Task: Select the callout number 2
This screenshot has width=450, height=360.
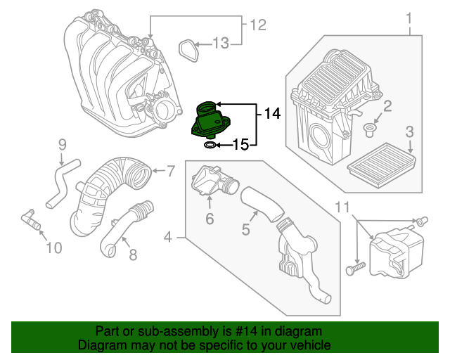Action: pos(387,106)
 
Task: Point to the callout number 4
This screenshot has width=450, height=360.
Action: pos(167,239)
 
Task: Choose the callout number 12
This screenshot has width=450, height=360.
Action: pos(258,26)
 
